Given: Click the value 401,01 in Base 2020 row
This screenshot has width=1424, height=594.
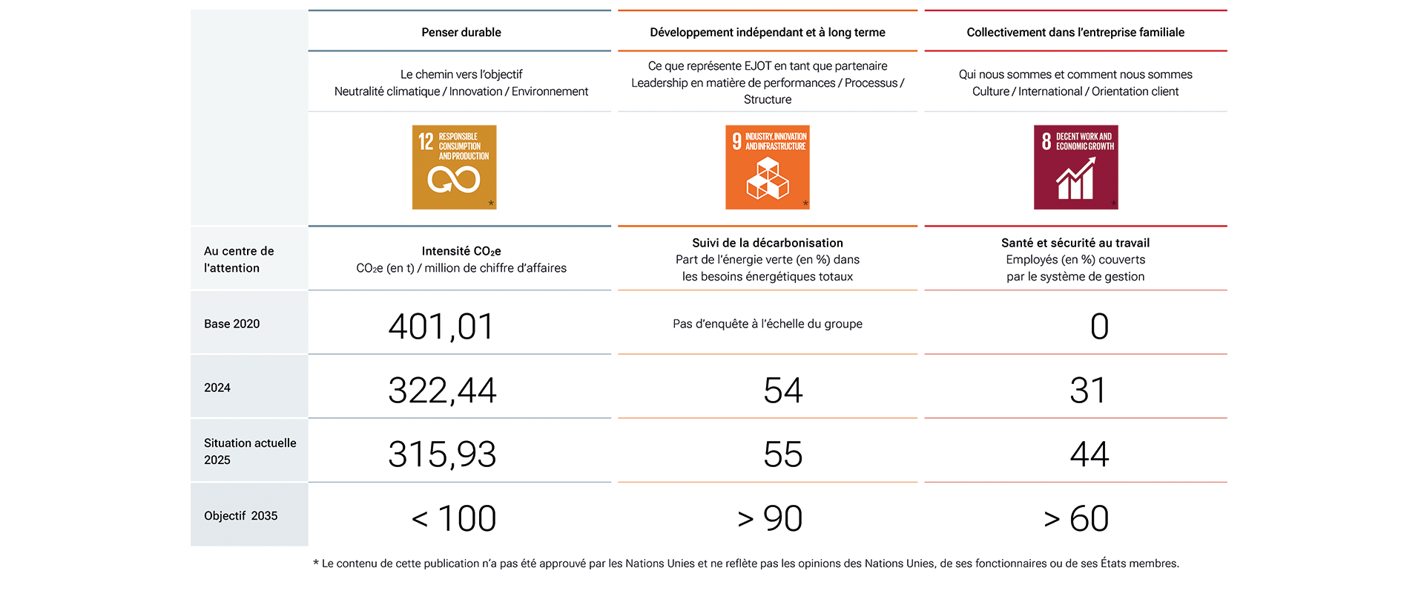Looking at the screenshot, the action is (x=441, y=327).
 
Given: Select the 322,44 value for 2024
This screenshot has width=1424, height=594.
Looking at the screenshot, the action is (x=442, y=391).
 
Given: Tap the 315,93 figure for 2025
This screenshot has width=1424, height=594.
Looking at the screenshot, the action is (x=442, y=454).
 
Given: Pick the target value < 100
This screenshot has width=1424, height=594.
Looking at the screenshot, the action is (x=454, y=518).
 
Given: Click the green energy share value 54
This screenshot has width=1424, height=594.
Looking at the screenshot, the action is (x=783, y=391).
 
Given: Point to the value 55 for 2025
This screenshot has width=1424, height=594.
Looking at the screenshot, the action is (x=783, y=454).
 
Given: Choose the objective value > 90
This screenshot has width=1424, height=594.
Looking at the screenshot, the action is (x=770, y=518).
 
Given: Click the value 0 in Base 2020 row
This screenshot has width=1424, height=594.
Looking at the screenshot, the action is (x=1099, y=327).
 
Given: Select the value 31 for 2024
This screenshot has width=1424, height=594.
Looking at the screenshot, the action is (x=1088, y=391).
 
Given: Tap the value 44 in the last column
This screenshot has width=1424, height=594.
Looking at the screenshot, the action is (x=1090, y=454).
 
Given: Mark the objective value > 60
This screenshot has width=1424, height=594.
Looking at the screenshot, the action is (x=1076, y=518).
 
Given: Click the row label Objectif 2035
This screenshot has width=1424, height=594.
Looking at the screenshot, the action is (x=241, y=516).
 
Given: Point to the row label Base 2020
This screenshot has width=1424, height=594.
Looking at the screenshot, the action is (x=232, y=324).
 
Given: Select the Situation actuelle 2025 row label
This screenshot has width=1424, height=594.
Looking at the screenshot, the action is (x=250, y=451).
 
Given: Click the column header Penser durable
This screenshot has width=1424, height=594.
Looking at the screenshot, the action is (x=461, y=32).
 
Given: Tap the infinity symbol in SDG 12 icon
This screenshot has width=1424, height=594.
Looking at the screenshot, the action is (x=454, y=180).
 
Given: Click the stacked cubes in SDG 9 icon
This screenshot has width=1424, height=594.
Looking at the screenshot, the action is (x=768, y=179).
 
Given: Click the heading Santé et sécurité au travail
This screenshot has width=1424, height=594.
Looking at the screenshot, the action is (x=1075, y=243).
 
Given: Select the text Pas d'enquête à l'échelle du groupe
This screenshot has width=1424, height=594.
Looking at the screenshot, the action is (x=768, y=324).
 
